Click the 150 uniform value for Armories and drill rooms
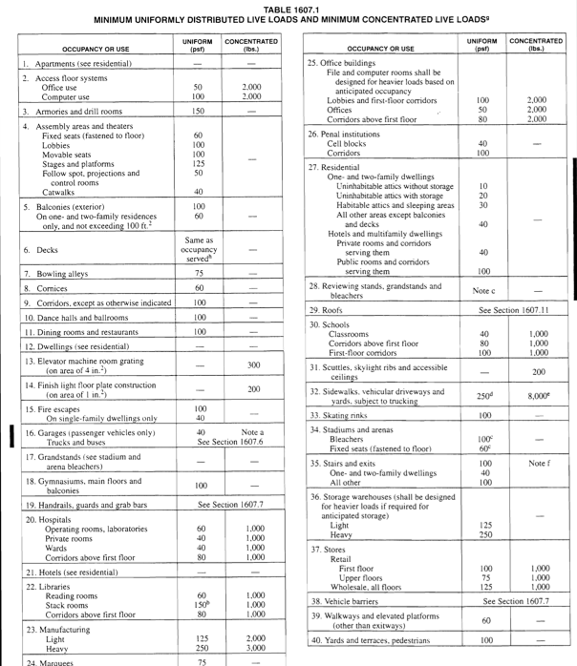point(198,111)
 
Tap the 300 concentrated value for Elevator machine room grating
point(252,364)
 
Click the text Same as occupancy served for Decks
point(198,249)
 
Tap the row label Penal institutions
point(353,133)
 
